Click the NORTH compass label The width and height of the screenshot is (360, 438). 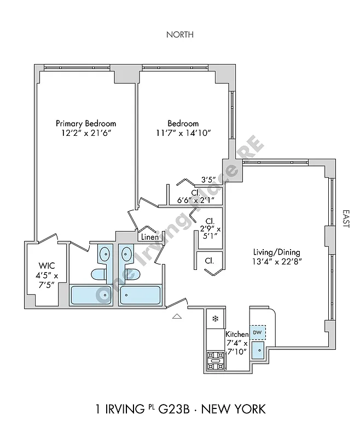(180, 34)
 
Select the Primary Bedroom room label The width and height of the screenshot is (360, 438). (86, 123)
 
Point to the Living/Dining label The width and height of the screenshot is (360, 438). (276, 252)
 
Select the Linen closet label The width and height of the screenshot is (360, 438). (149, 237)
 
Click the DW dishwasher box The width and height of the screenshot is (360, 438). (257, 332)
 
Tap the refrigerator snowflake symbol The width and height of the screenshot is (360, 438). (215, 319)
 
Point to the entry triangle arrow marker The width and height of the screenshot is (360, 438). (176, 316)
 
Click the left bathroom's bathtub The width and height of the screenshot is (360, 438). (91, 295)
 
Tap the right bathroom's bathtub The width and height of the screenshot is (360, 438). (140, 295)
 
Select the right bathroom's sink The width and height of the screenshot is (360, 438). (126, 253)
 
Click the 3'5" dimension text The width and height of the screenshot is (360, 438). (207, 179)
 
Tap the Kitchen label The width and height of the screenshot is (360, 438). (237, 334)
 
